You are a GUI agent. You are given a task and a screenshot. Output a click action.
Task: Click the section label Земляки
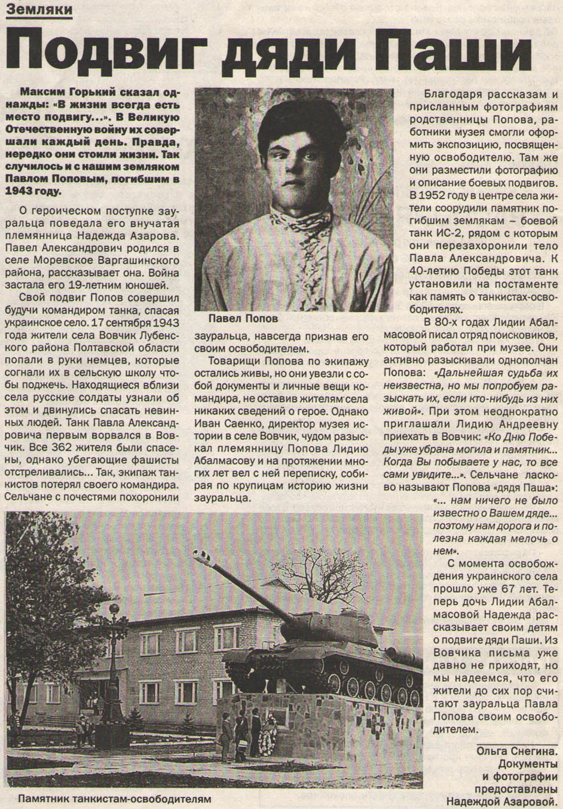39,10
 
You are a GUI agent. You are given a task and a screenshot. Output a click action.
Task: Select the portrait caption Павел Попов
243,318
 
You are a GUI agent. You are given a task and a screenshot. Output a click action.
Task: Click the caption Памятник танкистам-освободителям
114,799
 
